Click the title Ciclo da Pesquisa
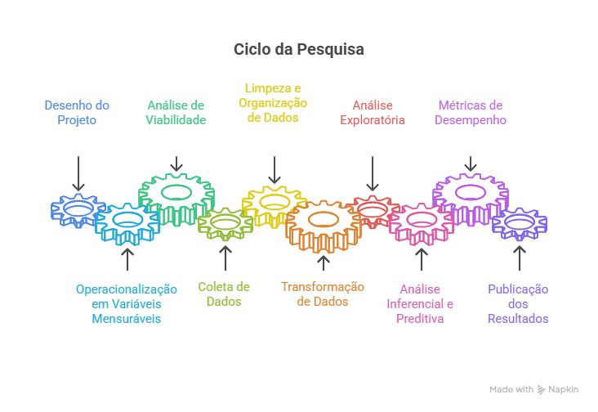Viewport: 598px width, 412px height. (299, 49)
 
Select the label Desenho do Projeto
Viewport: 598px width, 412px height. (77, 113)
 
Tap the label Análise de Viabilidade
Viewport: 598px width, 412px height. (176, 113)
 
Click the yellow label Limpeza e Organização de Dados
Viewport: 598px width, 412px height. (273, 103)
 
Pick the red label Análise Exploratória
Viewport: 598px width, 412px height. (373, 113)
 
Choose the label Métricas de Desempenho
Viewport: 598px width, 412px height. (471, 113)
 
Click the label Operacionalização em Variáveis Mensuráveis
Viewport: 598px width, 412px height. (127, 303)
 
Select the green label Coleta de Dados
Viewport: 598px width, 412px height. (224, 294)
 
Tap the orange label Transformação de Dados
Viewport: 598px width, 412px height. (323, 294)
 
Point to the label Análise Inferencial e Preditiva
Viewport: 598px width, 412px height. (420, 303)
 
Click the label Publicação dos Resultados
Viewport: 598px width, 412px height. (518, 303)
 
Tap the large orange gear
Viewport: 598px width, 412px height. (324, 224)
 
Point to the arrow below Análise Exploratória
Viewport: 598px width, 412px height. (373, 173)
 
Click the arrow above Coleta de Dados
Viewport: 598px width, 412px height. (225, 257)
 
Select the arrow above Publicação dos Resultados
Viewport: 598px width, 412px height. (519, 257)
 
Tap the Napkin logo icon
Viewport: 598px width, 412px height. (542, 390)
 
